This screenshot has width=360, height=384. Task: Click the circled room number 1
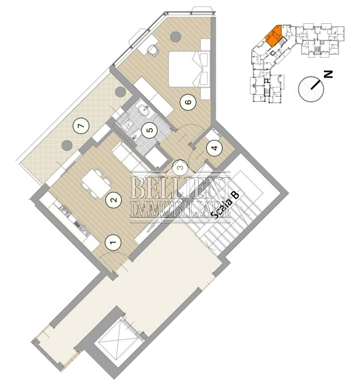pyautogui.click(x=113, y=242)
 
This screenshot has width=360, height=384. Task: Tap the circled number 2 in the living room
pyautogui.click(x=114, y=200)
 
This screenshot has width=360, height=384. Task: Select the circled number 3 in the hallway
pyautogui.click(x=180, y=168)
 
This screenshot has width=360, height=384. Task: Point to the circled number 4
pyautogui.click(x=214, y=148)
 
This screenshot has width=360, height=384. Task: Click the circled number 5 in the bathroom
pyautogui.click(x=150, y=129)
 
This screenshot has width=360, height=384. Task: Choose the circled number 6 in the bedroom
pyautogui.click(x=188, y=102)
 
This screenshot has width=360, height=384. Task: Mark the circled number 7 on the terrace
pyautogui.click(x=81, y=126)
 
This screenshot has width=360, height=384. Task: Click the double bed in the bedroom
pyautogui.click(x=189, y=69)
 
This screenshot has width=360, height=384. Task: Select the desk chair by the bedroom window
pyautogui.click(x=153, y=50)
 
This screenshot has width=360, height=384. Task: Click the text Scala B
pyautogui.click(x=225, y=205)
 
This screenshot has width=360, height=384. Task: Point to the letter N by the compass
pyautogui.click(x=328, y=74)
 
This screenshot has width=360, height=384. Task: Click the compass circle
pyautogui.click(x=311, y=89)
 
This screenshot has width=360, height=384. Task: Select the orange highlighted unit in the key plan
pyautogui.click(x=274, y=36)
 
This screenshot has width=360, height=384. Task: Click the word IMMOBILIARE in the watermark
pyautogui.click(x=180, y=209)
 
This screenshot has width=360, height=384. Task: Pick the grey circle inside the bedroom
pyautogui.click(x=175, y=37)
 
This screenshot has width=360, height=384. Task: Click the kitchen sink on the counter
pyautogui.click(x=65, y=211)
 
